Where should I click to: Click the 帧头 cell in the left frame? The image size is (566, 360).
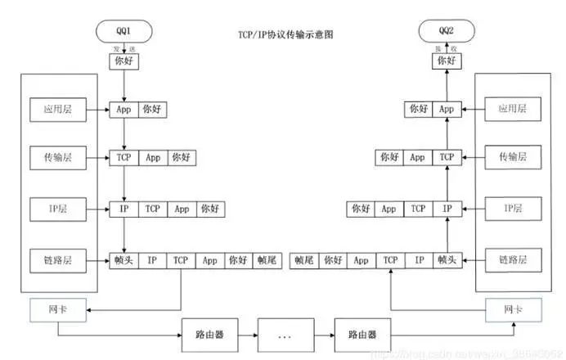pos(123,260)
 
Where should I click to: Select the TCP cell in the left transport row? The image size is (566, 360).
pos(123,156)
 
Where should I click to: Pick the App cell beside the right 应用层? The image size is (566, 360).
pos(446,108)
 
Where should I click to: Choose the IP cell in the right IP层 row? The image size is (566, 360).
pos(446,209)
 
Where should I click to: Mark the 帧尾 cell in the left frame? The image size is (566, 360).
pos(267,260)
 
